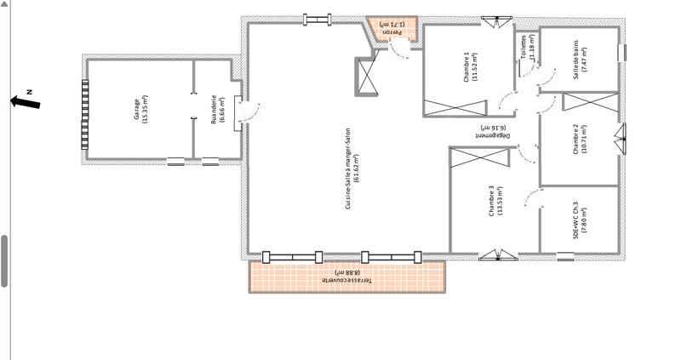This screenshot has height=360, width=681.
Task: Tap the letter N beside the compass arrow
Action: click(x=28, y=89)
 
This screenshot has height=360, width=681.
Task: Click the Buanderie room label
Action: click(x=218, y=109)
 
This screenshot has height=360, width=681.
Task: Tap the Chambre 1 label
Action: click(x=470, y=67)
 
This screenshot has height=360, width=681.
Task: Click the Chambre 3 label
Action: click(x=495, y=201)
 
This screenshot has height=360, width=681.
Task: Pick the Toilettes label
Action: click(x=528, y=48)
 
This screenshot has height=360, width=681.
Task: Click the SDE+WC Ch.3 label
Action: click(x=579, y=220)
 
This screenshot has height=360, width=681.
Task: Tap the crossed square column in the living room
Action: click(x=367, y=76)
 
